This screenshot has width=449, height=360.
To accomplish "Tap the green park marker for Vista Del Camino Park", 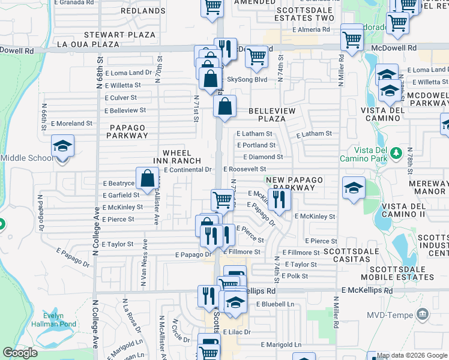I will [396, 154].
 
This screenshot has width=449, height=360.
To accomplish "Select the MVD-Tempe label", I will [400, 314].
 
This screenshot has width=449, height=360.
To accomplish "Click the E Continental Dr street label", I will [188, 170].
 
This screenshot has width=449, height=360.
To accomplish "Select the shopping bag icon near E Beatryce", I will [147, 178].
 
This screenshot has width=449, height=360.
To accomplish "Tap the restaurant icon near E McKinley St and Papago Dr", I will [279, 200].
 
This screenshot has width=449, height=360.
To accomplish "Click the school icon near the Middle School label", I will [62, 146].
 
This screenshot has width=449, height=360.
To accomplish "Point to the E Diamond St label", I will [260, 157].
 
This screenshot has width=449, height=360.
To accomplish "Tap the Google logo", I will [20, 353].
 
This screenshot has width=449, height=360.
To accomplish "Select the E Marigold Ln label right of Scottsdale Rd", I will [281, 344].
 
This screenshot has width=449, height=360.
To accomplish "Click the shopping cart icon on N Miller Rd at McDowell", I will [352, 39].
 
